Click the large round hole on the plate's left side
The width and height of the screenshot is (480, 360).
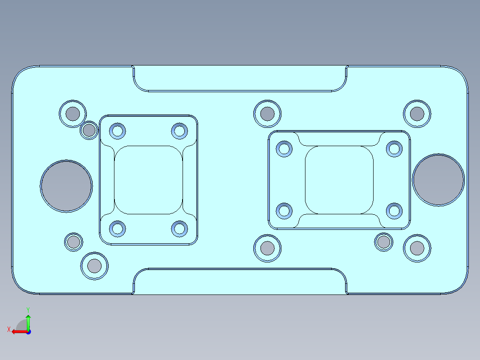pyautogui.click(x=66, y=186)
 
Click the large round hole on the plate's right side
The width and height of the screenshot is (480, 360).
pyautogui.click(x=438, y=180)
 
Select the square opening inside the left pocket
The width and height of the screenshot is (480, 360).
pyautogui.click(x=149, y=180)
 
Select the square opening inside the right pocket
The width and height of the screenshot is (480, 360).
pyautogui.click(x=339, y=180)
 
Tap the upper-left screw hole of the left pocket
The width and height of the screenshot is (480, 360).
pyautogui.click(x=118, y=131)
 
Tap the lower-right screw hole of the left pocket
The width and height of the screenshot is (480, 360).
pyautogui.click(x=179, y=229)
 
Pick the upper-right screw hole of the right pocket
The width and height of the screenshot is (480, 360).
pyautogui.click(x=394, y=148)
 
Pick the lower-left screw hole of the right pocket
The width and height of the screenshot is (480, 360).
pyautogui.click(x=284, y=211)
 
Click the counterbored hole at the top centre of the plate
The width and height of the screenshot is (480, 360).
pyautogui.click(x=267, y=114)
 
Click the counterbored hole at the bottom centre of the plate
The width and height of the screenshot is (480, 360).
pyautogui.click(x=267, y=248)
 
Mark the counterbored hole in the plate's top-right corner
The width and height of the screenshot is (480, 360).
pyautogui.click(x=417, y=114)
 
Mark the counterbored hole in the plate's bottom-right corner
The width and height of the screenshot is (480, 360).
pyautogui.click(x=417, y=248)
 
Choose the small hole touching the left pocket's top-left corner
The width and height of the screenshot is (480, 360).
pyautogui.click(x=89, y=131)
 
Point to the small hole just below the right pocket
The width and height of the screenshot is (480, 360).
pyautogui.click(x=383, y=242)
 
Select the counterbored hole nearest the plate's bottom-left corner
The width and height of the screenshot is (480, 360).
pyautogui.click(x=94, y=266)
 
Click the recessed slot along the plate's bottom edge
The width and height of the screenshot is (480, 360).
pyautogui.click(x=240, y=282)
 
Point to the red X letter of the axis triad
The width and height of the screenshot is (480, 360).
pyautogui.click(x=9, y=330)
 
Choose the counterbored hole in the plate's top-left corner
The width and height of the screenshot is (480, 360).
pyautogui.click(x=72, y=114)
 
